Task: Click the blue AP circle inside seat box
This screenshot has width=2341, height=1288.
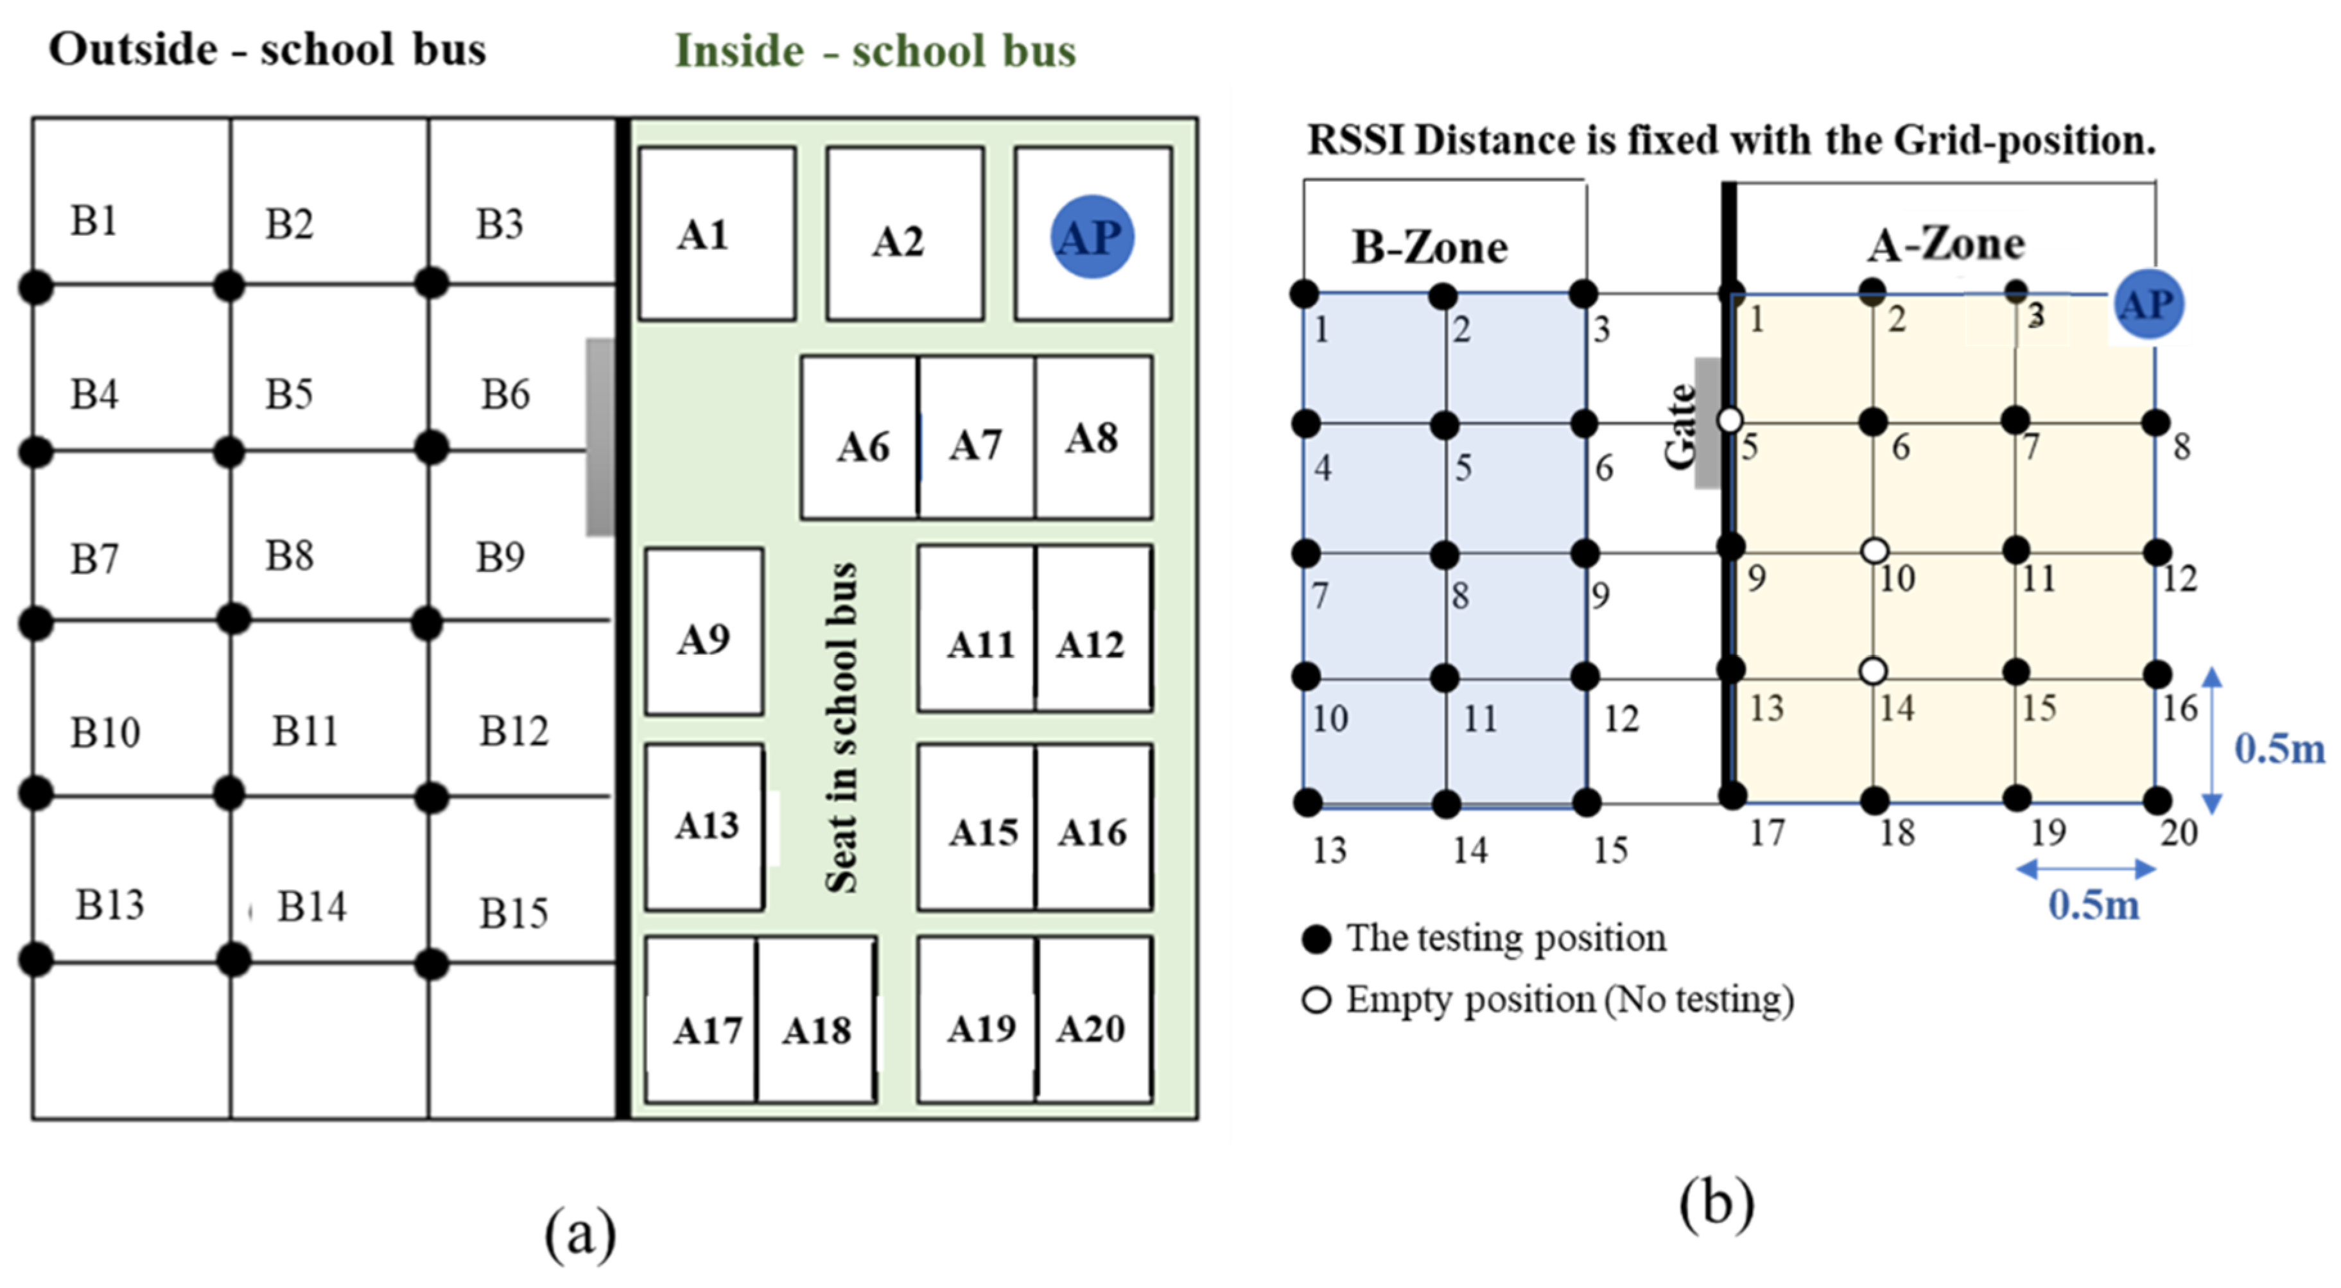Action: [1092, 236]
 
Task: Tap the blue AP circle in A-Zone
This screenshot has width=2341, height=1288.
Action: [2148, 304]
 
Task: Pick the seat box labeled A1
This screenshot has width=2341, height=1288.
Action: [717, 234]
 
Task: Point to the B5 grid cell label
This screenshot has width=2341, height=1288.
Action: [289, 394]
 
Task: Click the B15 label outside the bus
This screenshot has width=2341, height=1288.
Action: [514, 912]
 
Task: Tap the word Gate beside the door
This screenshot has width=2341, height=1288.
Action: [1681, 426]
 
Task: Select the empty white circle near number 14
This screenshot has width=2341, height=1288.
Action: [1872, 672]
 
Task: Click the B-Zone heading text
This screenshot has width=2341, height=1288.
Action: [1429, 247]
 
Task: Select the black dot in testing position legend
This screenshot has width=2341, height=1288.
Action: [1316, 939]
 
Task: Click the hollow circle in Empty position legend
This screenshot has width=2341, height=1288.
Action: [1316, 1000]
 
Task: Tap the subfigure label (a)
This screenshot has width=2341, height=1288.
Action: [580, 1233]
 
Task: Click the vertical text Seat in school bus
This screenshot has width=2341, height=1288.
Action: [840, 727]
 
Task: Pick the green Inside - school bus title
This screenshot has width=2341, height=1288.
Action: [875, 50]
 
